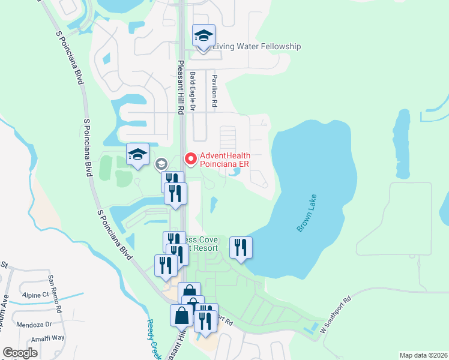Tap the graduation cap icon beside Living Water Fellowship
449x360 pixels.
[203, 37]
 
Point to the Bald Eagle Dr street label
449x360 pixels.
[193, 92]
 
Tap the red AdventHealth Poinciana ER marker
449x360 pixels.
[191, 159]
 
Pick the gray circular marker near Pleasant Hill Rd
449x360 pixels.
[161, 164]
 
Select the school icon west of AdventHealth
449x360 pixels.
[137, 155]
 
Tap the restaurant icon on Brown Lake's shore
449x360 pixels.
[241, 247]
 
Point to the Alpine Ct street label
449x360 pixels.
[37, 295]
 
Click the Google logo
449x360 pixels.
[20, 353]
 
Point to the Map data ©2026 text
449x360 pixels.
[423, 355]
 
